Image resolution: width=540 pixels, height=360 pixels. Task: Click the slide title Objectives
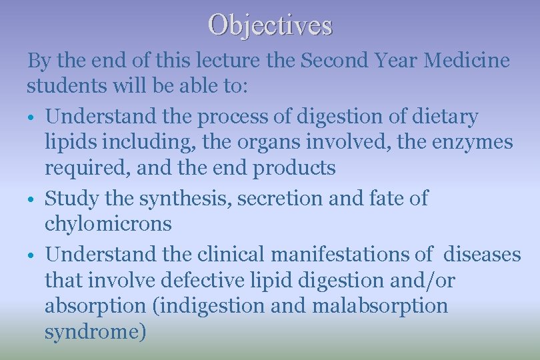click(x=270, y=25)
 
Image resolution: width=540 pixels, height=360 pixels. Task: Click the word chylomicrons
click(x=108, y=224)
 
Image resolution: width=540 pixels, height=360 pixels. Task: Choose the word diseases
click(x=482, y=253)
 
